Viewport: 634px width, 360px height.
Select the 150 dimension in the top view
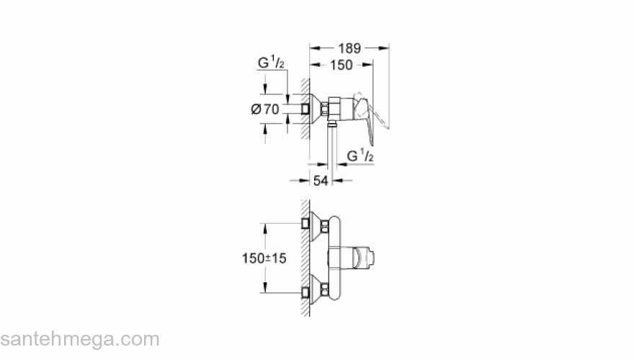(339, 65)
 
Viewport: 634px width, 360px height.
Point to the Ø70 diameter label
(264, 109)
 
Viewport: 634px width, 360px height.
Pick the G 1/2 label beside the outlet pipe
(360, 156)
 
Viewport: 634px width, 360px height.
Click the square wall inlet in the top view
(307, 109)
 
